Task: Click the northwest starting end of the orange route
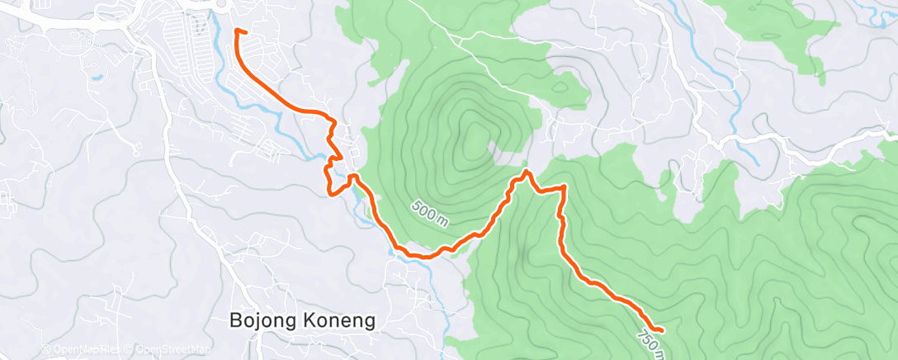click(x=238, y=31)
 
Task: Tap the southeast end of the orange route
click(x=662, y=330)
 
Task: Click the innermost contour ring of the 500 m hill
click(x=475, y=140)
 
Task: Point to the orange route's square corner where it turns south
click(x=565, y=187)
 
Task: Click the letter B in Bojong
click(x=234, y=320)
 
